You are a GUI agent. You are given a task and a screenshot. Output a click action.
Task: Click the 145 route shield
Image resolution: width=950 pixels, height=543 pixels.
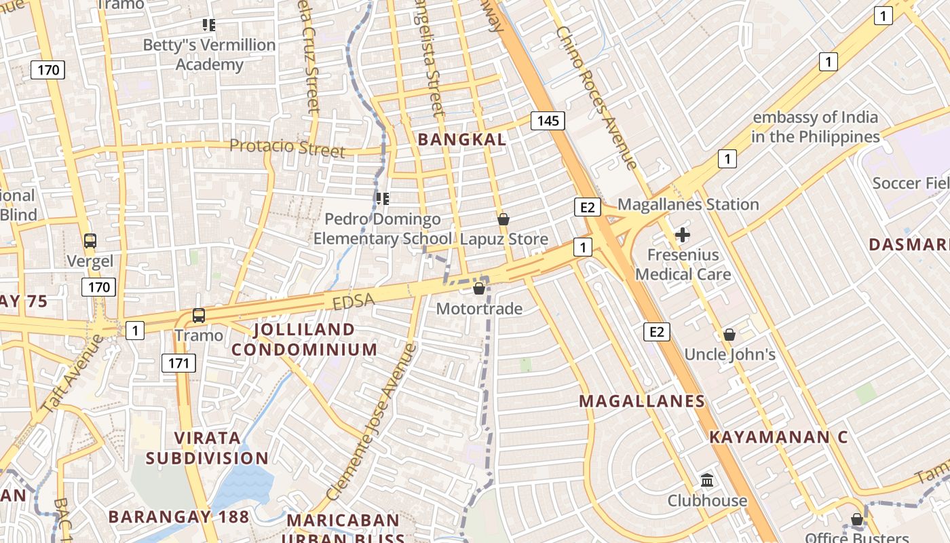pos(548,121)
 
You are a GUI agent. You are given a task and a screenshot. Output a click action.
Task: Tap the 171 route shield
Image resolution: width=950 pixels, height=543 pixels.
pos(178,363)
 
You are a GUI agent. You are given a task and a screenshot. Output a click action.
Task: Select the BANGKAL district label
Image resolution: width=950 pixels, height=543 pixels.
pos(462,140)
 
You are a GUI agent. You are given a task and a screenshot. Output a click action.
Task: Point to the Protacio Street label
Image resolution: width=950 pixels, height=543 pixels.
pos(287,147)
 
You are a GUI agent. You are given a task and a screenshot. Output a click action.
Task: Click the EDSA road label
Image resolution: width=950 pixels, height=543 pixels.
pos(352,302)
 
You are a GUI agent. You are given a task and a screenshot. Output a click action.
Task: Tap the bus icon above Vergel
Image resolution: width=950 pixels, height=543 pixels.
pos(90,240)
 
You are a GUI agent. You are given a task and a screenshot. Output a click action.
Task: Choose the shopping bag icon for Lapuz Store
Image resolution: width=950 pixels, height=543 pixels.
pos(503,219)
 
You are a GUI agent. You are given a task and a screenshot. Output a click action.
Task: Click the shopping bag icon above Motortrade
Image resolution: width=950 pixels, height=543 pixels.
pos(479,288)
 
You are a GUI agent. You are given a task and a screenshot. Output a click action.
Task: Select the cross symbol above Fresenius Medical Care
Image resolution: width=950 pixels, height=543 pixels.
pos(683,236)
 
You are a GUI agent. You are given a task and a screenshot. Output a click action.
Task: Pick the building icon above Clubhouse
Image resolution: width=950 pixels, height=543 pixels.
pos(707,481)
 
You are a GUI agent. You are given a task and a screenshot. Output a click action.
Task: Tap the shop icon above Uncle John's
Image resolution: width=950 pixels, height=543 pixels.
pos(729,335)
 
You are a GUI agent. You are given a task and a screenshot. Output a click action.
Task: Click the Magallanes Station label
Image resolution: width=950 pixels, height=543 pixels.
pos(688,204)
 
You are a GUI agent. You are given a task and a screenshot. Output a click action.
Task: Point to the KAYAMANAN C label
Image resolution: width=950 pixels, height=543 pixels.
pos(778,437)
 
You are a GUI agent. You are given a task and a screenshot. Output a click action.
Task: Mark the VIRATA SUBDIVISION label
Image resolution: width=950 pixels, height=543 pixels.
pos(207,447)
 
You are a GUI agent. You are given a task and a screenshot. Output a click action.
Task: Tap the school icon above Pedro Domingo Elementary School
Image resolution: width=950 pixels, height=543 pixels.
pos(382,199)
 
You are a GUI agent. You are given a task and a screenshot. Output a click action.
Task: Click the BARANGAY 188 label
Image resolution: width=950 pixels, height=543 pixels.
pos(179,517)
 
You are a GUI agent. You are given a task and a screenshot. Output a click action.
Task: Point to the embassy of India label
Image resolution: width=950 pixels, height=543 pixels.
pos(815,127)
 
